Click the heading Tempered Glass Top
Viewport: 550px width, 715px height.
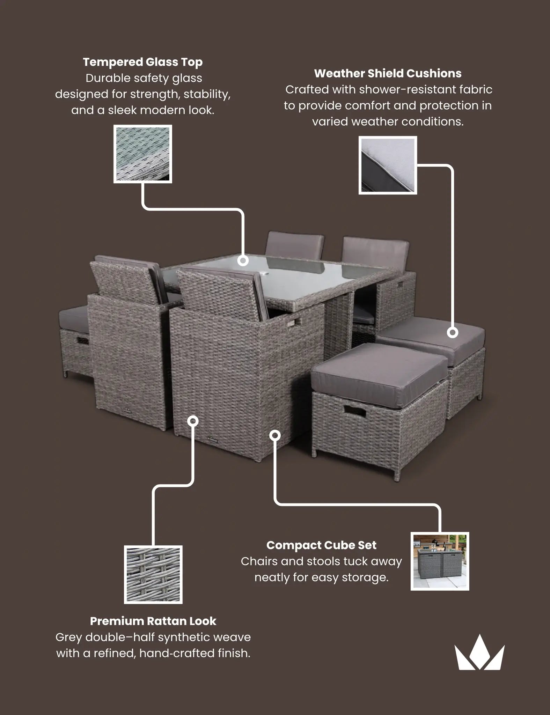(142, 62)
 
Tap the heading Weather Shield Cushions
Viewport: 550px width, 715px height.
(388, 74)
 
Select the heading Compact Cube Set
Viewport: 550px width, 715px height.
(321, 545)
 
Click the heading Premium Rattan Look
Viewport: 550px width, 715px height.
(153, 621)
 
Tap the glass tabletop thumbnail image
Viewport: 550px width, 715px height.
(142, 154)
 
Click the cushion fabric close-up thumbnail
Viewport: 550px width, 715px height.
(388, 165)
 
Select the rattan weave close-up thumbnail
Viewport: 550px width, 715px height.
(153, 575)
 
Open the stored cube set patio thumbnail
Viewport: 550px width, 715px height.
(440, 561)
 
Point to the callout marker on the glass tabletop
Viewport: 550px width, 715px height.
(243, 260)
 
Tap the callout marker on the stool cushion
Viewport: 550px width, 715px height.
(453, 332)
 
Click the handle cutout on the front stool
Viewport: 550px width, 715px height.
(355, 412)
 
